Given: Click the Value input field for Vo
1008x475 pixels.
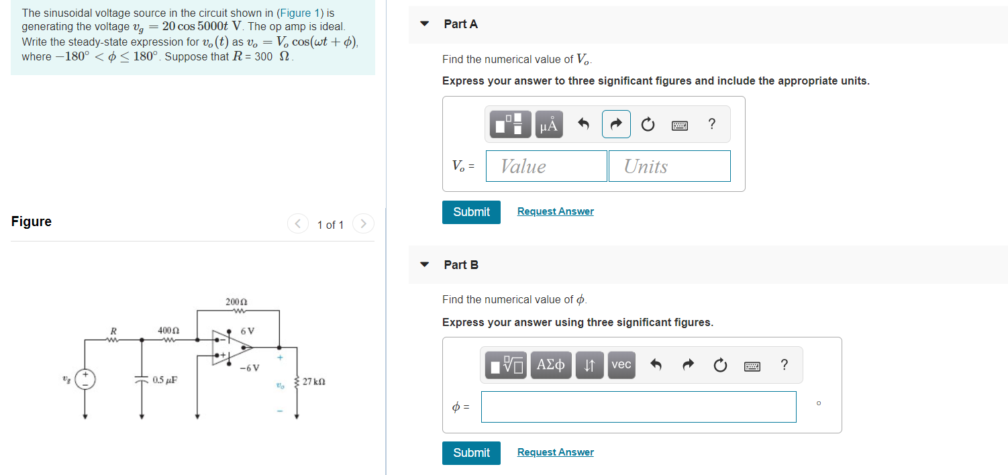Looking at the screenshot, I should click(546, 166).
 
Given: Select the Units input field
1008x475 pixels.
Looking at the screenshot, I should click(669, 166).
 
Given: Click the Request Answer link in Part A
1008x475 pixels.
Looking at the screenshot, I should click(555, 211).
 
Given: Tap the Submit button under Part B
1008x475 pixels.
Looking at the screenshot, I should click(471, 453).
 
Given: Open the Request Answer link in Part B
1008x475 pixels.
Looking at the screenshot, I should click(555, 452).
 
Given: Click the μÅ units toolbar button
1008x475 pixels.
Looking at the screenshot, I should click(548, 124).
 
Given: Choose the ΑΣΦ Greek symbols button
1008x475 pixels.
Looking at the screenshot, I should click(551, 365).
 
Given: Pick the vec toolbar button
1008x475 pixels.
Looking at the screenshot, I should click(621, 365).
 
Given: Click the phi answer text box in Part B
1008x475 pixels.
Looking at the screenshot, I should click(638, 407).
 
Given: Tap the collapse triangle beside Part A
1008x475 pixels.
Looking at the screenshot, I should click(424, 24).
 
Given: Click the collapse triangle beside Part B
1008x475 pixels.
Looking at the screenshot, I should click(424, 265).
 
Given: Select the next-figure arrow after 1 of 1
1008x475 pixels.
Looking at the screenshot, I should click(362, 223).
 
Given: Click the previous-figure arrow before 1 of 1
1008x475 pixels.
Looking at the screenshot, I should click(298, 223).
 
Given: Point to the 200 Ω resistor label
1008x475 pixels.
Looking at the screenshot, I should click(236, 301).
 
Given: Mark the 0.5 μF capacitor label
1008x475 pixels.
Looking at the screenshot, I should click(164, 380).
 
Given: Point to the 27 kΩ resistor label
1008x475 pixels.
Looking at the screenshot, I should click(314, 382).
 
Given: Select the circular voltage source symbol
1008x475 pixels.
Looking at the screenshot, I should click(85, 379).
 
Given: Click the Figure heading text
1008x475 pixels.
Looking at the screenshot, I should click(32, 221).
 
